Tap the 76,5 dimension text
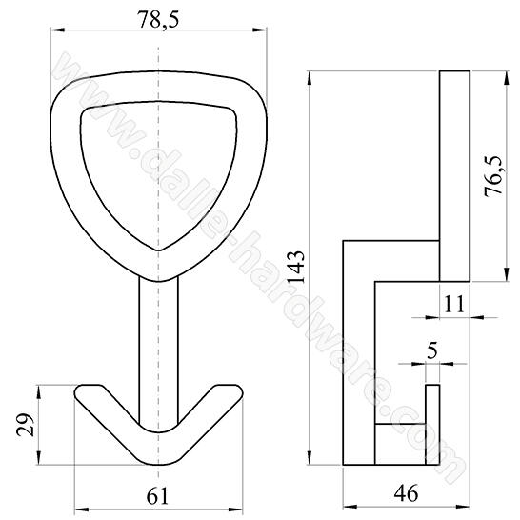click(492, 176)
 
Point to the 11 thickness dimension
click(453, 305)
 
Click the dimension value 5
click(432, 351)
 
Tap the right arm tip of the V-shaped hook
click(230, 390)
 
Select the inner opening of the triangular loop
click(158, 171)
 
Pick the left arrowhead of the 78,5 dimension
click(55, 31)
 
